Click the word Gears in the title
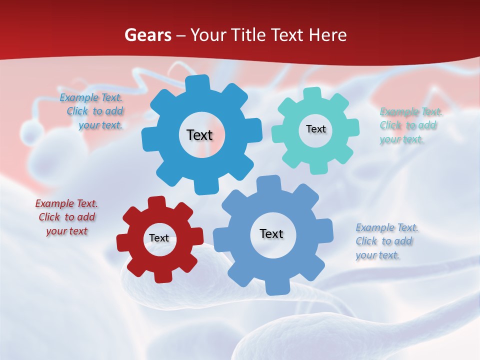click(147, 35)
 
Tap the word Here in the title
click(328, 35)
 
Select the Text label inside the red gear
click(159, 238)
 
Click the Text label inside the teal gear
click(315, 129)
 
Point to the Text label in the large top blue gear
click(199, 135)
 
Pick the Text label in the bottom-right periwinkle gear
click(271, 233)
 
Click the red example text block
click(66, 217)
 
